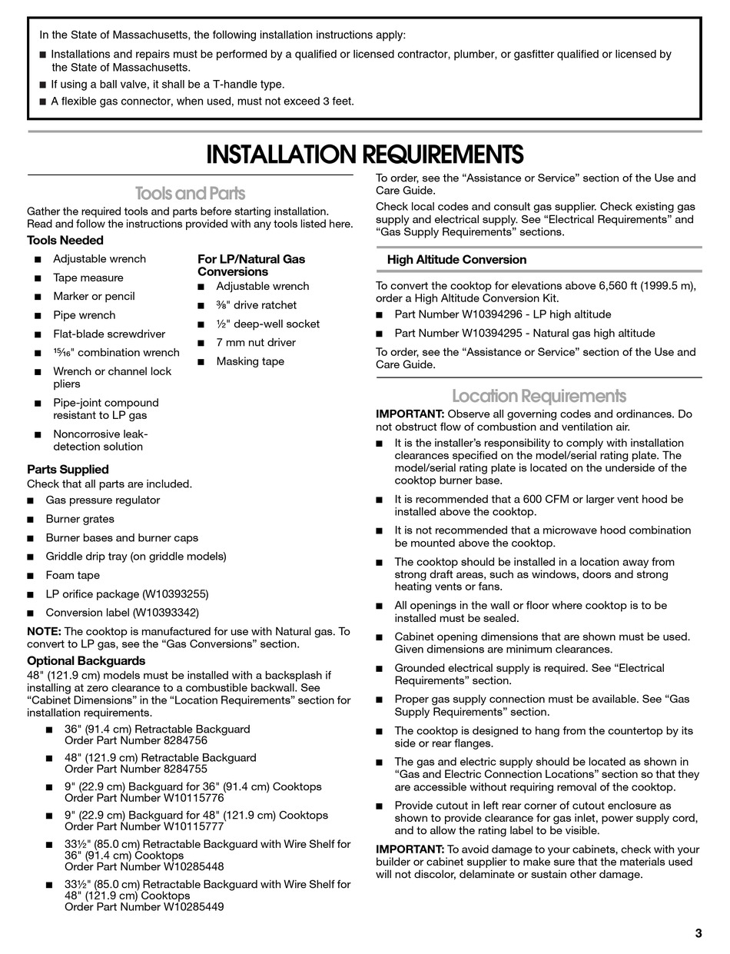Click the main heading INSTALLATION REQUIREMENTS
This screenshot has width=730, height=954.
point(365,155)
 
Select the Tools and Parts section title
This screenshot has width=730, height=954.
point(190,193)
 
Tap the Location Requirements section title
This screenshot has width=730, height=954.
point(539,396)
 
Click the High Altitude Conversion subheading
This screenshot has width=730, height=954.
point(456,260)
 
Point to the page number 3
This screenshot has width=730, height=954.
point(698,933)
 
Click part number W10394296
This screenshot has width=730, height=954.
point(494,314)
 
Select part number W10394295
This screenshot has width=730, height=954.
point(494,334)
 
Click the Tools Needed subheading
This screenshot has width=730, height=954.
point(65,241)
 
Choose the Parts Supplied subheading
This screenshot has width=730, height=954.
point(68,469)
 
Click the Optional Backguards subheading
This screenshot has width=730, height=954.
point(86,660)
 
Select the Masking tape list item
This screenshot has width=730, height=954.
point(250,361)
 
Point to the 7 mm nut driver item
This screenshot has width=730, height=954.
point(255,343)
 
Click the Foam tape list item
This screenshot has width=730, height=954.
point(72,575)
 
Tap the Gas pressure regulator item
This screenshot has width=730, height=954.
point(102,500)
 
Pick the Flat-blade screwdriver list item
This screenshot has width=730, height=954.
point(108,334)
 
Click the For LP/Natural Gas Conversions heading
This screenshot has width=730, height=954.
point(251,265)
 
